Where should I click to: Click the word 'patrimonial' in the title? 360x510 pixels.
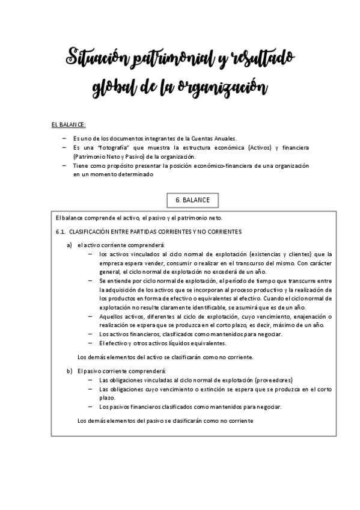tap(157, 59)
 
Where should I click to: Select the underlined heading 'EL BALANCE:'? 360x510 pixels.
tap(69, 124)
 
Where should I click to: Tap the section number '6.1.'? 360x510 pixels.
tap(59, 231)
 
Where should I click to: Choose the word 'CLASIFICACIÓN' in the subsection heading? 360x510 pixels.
tap(91, 231)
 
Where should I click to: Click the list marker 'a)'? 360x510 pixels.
tap(70, 245)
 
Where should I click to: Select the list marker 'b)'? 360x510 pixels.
tap(70, 370)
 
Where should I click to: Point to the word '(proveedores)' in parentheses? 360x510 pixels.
tap(273, 380)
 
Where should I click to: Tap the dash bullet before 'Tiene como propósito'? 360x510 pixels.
tap(64, 165)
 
